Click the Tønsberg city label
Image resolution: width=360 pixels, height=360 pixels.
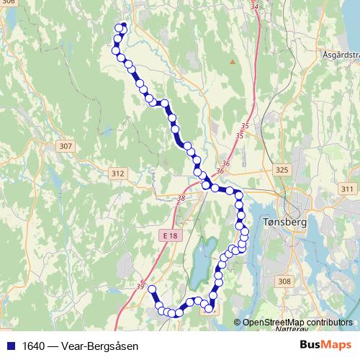pos(286,222)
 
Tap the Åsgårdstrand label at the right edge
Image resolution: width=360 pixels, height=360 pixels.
pos(342,54)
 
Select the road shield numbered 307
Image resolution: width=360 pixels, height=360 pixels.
pos(66,146)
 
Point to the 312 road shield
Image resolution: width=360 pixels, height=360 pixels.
pos(118,174)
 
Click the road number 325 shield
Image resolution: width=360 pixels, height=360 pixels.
pos(282,170)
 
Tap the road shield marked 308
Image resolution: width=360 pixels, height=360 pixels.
pos(284,282)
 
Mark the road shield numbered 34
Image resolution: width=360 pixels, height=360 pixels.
pos(254,6)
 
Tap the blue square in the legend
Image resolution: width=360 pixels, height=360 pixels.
pos(12,346)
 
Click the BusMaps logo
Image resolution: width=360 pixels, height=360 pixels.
pos(324,345)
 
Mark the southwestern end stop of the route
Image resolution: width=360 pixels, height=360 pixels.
pos(152,289)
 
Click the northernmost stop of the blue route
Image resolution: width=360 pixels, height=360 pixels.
pos(123,26)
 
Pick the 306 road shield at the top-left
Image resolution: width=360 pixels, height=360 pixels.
pos(8,2)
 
